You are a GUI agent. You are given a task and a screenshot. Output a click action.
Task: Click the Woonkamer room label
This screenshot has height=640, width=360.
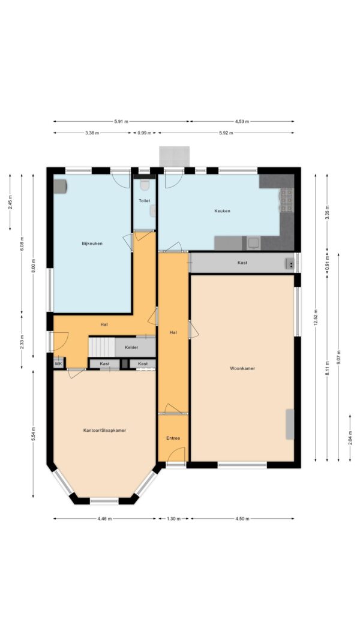pos(242,368)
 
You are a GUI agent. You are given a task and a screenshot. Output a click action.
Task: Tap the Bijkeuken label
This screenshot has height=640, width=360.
pos(92,244)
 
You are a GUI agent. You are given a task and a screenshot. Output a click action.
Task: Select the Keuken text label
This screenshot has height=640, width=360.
pos(223,211)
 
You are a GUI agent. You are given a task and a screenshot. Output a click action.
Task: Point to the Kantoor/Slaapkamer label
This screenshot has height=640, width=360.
pos(104,430)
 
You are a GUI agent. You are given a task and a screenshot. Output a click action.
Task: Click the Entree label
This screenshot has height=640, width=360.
pos(173,438)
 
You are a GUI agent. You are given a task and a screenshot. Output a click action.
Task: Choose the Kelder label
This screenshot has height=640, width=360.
pos(132,347)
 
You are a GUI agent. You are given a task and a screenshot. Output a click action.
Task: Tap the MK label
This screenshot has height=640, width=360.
pos(58,363)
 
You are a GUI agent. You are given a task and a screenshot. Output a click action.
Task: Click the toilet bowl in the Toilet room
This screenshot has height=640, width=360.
pos(144,185)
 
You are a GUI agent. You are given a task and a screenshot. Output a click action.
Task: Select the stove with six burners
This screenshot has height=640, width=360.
pos(287,200)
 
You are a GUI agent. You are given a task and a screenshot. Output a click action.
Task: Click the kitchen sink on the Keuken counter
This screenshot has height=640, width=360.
pos(254,243)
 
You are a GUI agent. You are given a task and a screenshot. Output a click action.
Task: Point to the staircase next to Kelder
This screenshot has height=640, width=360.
pos(102,347)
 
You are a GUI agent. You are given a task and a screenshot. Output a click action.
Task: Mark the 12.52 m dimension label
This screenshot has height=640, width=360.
pos(316,316)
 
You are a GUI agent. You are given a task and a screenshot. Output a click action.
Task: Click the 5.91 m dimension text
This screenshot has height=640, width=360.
pos(121,121)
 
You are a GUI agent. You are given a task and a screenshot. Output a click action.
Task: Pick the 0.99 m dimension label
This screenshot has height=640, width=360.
pos(145,133)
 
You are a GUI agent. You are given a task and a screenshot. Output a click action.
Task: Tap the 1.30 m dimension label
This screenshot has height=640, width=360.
pos(173,518)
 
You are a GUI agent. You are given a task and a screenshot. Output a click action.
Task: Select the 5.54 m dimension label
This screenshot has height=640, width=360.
pos(34,434)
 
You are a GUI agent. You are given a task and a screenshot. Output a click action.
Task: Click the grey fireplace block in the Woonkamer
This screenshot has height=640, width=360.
pos(290,424)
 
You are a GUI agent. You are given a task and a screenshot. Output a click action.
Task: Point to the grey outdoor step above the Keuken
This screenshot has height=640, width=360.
pos(174,157)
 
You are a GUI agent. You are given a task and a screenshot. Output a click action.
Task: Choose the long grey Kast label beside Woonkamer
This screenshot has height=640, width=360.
pos(242,263)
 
